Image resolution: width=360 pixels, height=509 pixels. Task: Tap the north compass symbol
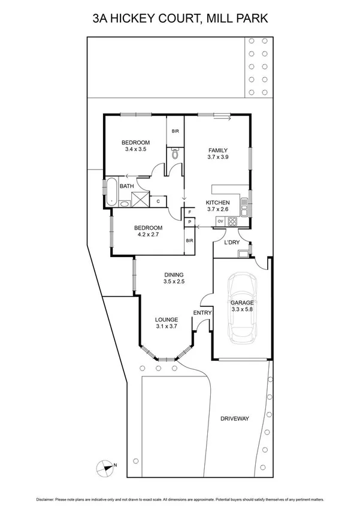[105, 466]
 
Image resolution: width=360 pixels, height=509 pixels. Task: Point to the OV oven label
[220, 222]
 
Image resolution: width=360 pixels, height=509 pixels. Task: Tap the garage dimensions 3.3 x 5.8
[243, 311]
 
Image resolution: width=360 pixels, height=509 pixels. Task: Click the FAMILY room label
[218, 150]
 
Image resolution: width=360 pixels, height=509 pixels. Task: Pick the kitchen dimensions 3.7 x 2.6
[218, 209]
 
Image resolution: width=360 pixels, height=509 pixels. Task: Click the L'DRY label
[231, 242]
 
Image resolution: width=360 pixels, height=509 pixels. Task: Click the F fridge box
[189, 212]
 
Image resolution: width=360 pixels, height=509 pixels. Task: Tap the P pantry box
[189, 222]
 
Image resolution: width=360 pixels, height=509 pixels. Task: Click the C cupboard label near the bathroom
[158, 201]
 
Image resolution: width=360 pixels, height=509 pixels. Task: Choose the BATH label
[126, 186]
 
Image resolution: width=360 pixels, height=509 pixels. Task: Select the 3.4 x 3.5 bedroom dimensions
[135, 149]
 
